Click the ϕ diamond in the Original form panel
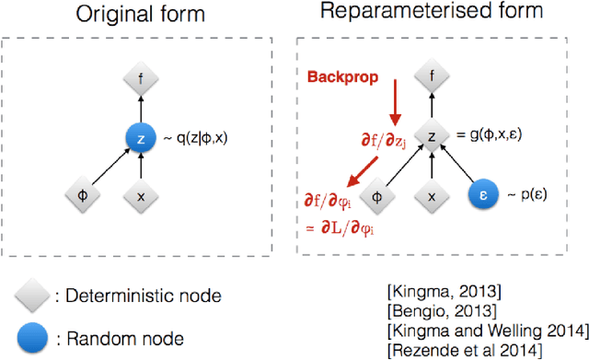[80, 195]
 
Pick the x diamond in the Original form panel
[139, 195]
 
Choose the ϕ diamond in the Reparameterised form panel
[375, 195]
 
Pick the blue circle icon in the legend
[33, 337]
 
